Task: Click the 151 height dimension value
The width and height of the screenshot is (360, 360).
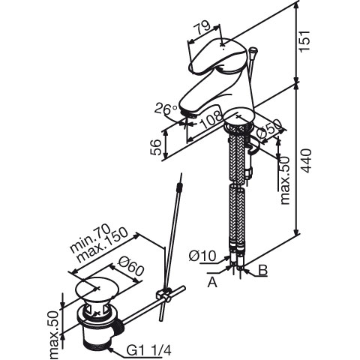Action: (x=304, y=41)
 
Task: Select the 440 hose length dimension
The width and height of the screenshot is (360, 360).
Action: (x=306, y=160)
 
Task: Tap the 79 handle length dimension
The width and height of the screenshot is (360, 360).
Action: (x=202, y=28)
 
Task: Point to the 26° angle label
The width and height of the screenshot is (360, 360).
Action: (x=166, y=108)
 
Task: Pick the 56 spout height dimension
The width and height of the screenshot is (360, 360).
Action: (x=157, y=148)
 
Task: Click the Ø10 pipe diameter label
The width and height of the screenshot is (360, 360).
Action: (x=202, y=256)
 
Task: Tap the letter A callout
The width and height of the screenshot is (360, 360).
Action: (x=212, y=283)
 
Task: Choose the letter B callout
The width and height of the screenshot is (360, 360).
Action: (x=262, y=270)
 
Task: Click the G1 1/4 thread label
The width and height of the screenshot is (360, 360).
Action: (x=149, y=350)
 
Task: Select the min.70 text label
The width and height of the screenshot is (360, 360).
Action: (x=90, y=238)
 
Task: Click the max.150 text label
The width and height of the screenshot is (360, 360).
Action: (x=103, y=245)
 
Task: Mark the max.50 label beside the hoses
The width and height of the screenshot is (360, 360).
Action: (x=285, y=181)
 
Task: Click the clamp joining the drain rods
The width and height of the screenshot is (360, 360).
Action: (x=163, y=295)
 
